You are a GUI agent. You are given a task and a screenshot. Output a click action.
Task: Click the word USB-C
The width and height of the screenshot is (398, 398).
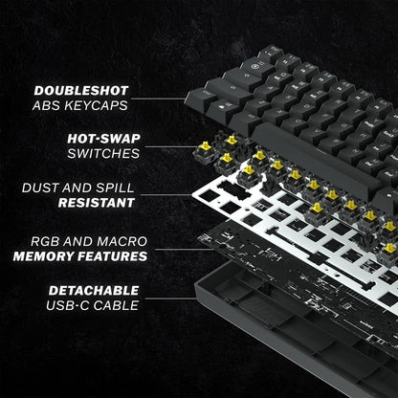tap(69, 305)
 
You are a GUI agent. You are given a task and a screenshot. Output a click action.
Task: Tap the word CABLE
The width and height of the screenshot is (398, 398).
tap(117, 305)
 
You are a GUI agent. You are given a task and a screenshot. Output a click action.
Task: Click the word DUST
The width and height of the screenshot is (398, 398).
tap(40, 188)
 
